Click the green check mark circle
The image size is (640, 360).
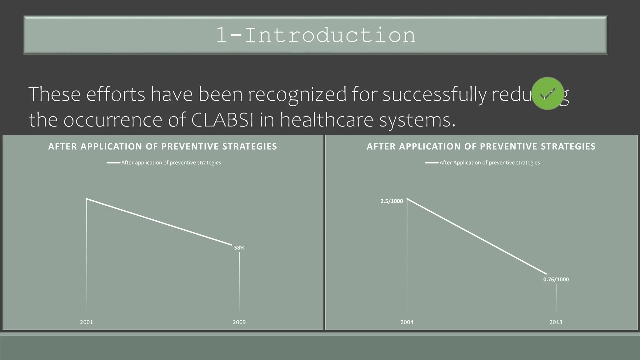point(547,93)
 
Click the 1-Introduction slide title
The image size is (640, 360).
point(316,35)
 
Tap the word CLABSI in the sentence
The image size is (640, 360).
point(222,120)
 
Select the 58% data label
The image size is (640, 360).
point(239,248)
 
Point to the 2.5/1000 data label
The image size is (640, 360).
point(392,201)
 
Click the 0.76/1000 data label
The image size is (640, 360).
point(556,280)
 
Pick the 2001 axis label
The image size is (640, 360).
point(87,322)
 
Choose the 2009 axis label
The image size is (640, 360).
point(239,322)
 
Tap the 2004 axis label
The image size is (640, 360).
point(407,322)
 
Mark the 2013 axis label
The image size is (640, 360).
point(556,322)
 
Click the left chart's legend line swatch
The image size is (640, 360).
point(113,163)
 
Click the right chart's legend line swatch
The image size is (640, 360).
point(432,163)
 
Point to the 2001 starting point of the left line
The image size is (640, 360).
point(87,199)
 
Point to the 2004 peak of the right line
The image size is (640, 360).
point(407,199)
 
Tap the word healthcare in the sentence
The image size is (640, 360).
point(327,120)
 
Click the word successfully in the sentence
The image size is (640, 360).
point(434,94)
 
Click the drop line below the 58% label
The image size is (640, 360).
point(239,281)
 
